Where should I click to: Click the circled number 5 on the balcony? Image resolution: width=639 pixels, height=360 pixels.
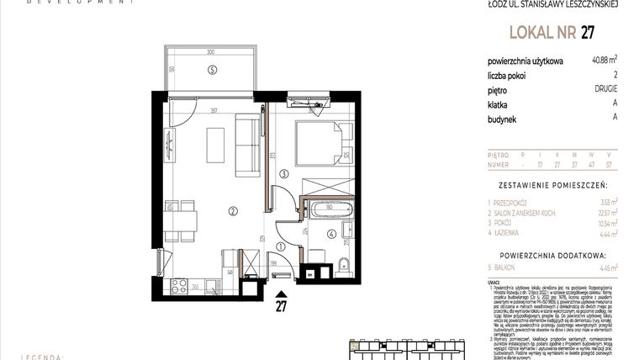click(213, 69)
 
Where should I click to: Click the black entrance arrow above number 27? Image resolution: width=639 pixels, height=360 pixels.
click(281, 292)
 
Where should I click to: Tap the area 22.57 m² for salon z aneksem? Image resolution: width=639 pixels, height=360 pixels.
click(604, 214)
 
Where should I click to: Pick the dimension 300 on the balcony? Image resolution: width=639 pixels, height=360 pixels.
click(211, 51)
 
